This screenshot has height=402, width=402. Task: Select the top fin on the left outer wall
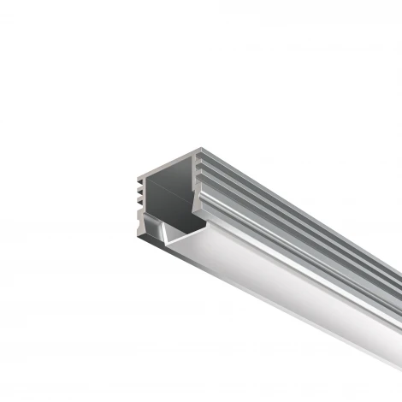[137, 181]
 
